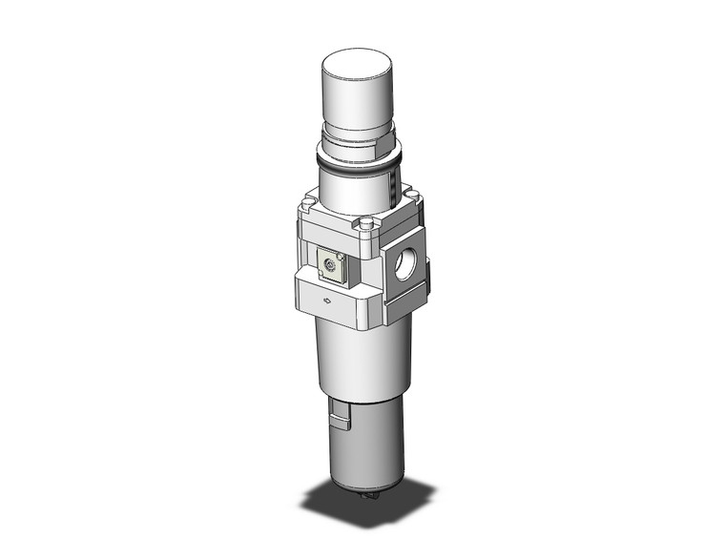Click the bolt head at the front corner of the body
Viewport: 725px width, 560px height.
click(x=364, y=225)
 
